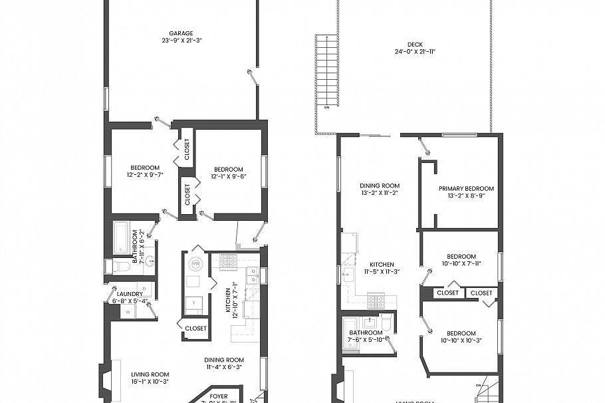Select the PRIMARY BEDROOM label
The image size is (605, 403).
click(466, 188)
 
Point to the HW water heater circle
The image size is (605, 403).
click(195, 264)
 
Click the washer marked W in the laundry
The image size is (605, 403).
click(128, 311)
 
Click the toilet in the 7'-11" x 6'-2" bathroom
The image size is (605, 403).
click(122, 267)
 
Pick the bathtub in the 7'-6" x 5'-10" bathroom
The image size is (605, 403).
click(350, 331)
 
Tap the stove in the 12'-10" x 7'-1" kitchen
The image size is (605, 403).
click(228, 261)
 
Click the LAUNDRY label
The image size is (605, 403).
click(130, 294)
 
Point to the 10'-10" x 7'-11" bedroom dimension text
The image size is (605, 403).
click(461, 264)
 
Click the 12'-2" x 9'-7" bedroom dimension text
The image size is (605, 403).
click(144, 176)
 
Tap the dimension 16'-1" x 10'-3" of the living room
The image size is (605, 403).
click(150, 382)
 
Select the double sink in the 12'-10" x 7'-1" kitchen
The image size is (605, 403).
click(252, 275)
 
